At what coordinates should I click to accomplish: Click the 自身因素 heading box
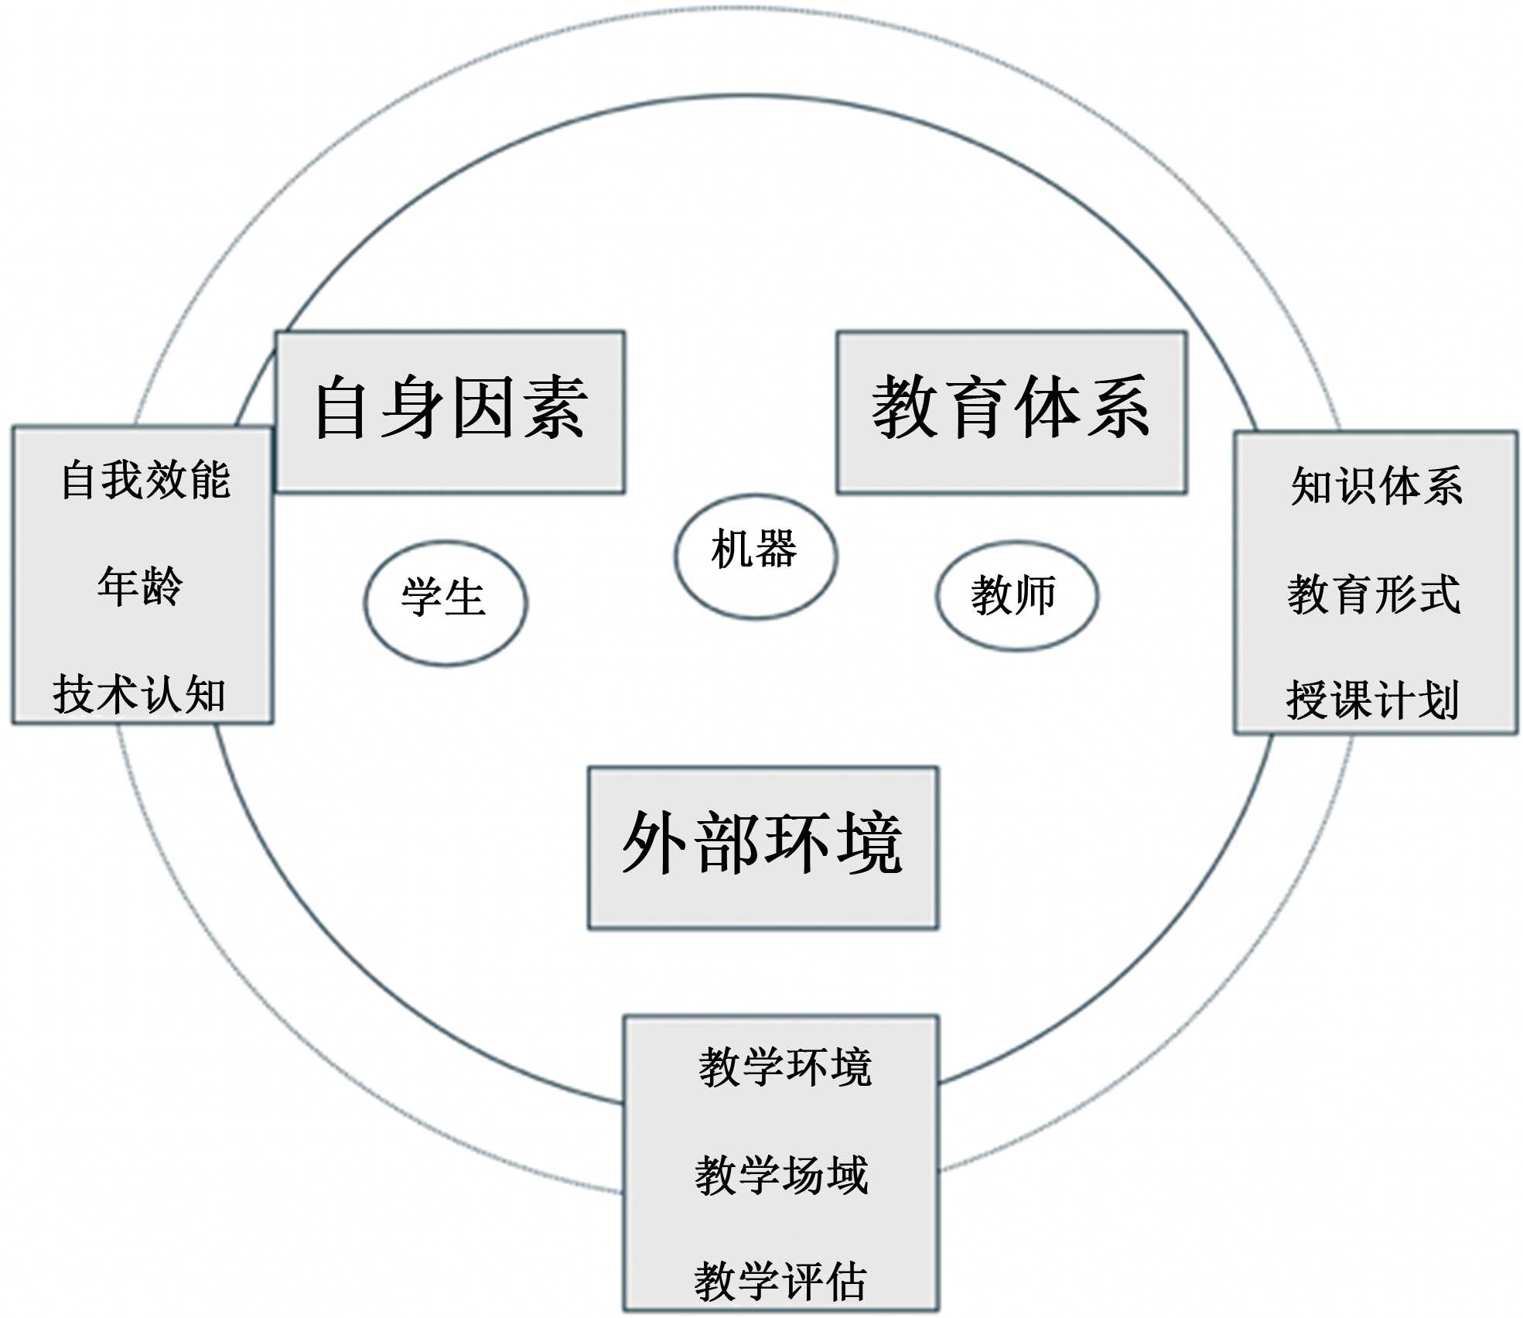tap(450, 412)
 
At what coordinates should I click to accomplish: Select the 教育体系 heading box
tap(1011, 412)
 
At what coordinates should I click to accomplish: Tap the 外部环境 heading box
tap(763, 847)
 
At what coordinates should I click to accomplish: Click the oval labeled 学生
tap(445, 602)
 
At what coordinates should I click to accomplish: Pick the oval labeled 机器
tap(755, 556)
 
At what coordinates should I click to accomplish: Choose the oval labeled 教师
tap(1016, 595)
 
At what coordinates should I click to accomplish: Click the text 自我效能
tap(146, 480)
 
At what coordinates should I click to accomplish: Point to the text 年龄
tap(140, 586)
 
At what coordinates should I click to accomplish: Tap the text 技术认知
tap(139, 693)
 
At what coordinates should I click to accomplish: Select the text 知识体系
tap(1377, 486)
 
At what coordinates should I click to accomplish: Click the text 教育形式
tap(1374, 594)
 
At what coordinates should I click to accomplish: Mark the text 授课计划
tap(1373, 700)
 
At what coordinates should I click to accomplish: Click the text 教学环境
tap(785, 1067)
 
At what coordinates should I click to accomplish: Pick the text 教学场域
tap(782, 1174)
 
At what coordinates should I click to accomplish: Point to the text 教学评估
tap(780, 1281)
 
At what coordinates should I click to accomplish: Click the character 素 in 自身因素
tap(554, 408)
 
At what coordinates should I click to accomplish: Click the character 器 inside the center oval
tap(776, 549)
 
